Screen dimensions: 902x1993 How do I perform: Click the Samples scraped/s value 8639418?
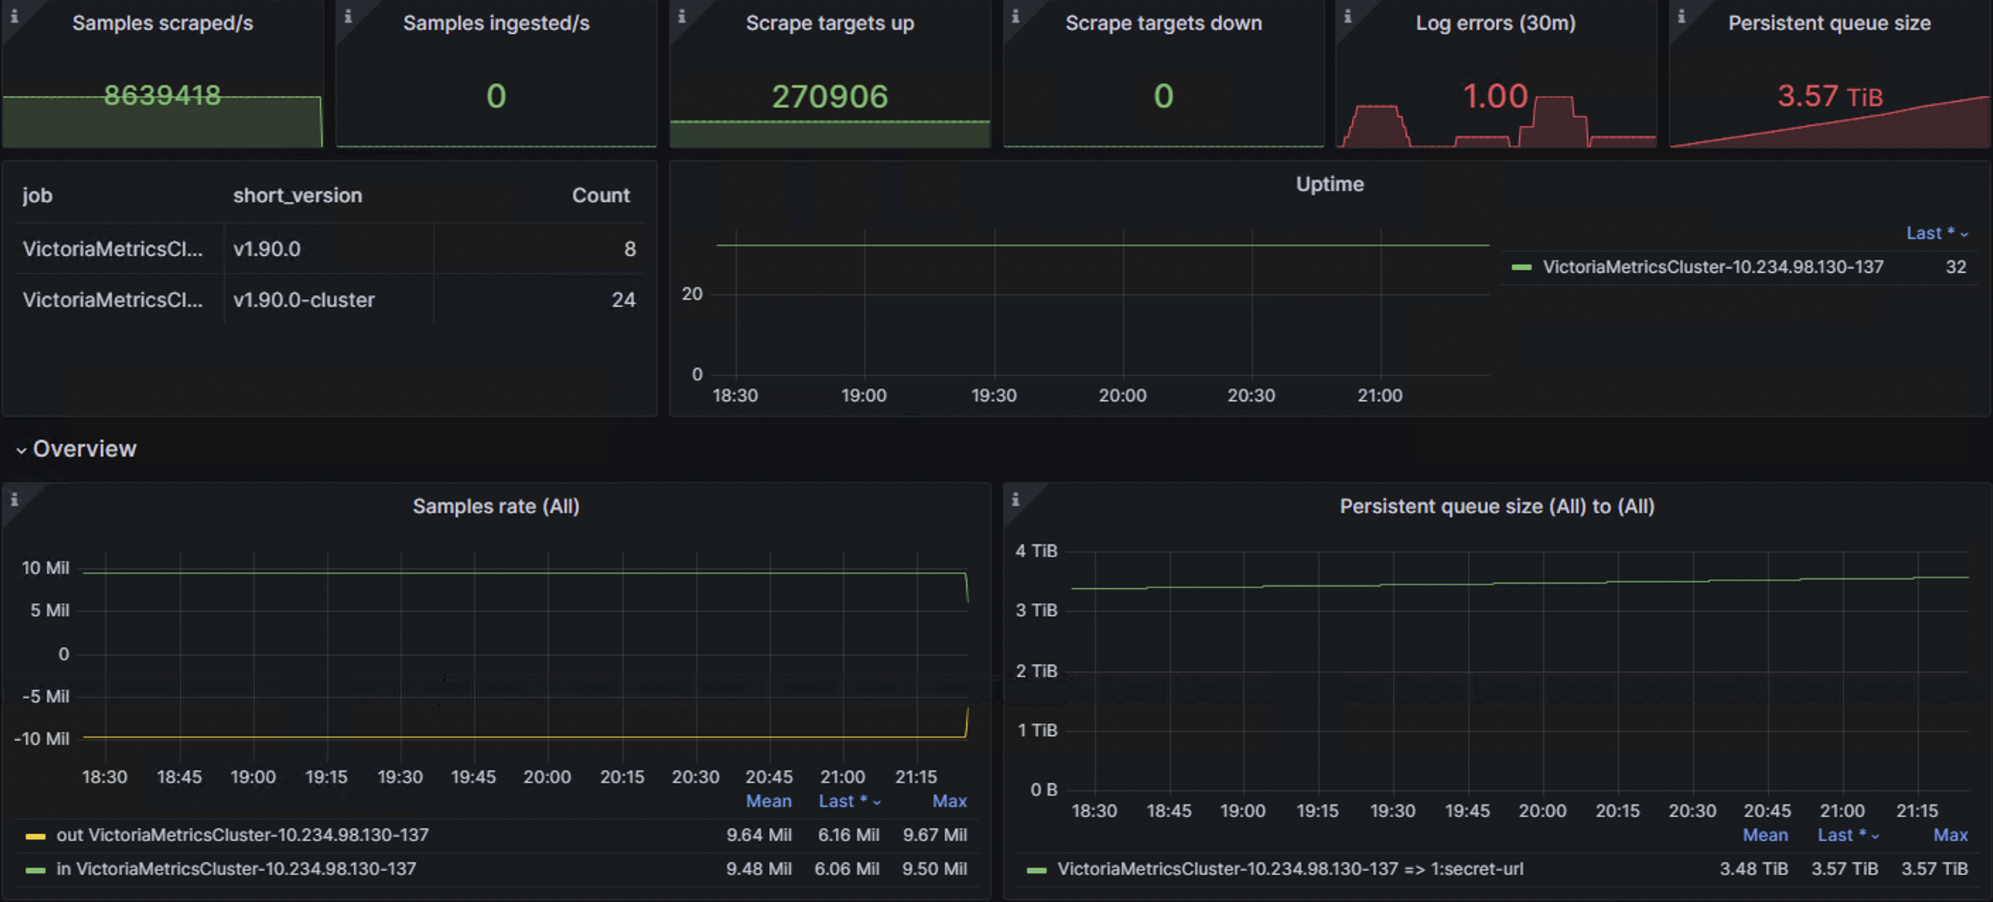[163, 95]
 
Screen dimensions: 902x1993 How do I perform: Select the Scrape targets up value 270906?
[830, 97]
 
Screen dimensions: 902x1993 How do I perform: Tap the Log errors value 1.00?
[1495, 97]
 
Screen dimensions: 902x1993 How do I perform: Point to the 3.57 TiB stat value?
[1829, 97]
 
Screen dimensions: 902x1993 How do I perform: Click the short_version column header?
[297, 195]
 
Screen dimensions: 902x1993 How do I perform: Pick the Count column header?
[600, 195]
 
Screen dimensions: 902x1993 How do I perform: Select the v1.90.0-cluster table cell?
[303, 300]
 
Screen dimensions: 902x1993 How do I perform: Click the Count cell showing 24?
[623, 300]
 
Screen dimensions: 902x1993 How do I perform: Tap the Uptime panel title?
[1329, 184]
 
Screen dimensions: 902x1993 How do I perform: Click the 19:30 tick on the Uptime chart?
[994, 395]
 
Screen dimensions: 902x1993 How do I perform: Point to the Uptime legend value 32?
[1955, 267]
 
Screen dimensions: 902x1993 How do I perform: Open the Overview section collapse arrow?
[21, 450]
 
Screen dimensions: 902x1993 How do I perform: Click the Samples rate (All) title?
[495, 506]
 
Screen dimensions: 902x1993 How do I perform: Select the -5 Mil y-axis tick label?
[46, 696]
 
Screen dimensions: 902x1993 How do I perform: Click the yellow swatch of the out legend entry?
[35, 836]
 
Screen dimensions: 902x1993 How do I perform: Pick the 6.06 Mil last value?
[847, 869]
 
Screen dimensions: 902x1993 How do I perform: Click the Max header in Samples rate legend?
[948, 801]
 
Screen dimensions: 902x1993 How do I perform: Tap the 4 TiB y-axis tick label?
[1035, 551]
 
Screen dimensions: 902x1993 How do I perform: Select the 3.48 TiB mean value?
[1753, 869]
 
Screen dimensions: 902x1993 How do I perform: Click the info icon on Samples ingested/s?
[348, 16]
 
